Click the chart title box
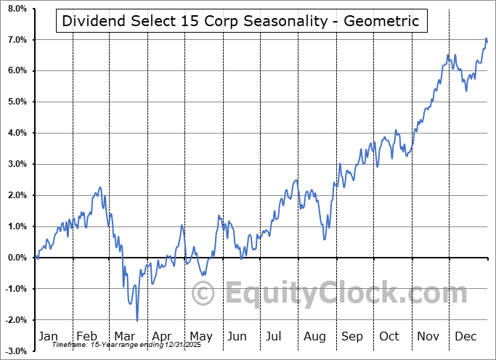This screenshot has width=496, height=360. tap(240, 20)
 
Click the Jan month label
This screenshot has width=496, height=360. tap(48, 336)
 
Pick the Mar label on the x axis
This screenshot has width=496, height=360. tap(124, 336)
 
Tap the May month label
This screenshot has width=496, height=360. tap(201, 336)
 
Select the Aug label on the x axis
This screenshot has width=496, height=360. tap(315, 336)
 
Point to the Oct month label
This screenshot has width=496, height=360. tap(390, 336)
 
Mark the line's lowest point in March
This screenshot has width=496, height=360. tap(137, 320)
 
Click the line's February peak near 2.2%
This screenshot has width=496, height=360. tap(99, 187)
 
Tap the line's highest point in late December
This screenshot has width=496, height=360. tap(486, 38)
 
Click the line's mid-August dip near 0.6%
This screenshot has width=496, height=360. tap(324, 239)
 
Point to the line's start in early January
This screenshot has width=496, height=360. tap(36, 257)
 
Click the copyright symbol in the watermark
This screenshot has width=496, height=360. tap(203, 293)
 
